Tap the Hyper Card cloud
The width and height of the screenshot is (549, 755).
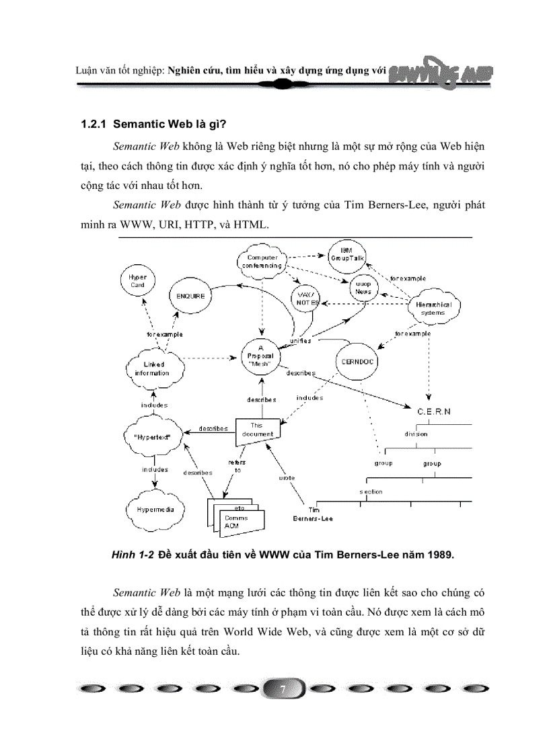click(x=138, y=280)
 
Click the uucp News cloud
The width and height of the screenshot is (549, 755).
click(x=363, y=288)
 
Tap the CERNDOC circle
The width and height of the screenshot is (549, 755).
click(x=357, y=361)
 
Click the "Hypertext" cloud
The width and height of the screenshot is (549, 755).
click(x=153, y=437)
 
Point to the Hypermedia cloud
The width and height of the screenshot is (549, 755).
click(x=155, y=510)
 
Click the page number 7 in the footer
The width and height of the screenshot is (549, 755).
click(x=283, y=690)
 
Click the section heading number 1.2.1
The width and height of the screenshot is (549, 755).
click(x=94, y=125)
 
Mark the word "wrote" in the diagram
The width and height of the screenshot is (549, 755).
click(x=287, y=477)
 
